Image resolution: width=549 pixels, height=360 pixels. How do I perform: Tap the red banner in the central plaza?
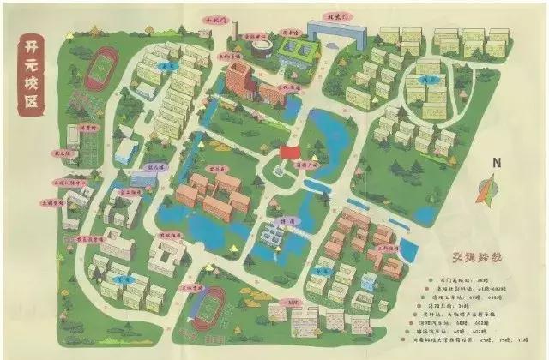pos(289,151)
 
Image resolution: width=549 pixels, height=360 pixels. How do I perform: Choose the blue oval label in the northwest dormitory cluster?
pos(166,65)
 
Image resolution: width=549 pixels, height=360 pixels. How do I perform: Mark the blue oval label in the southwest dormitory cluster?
pos(123,279)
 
